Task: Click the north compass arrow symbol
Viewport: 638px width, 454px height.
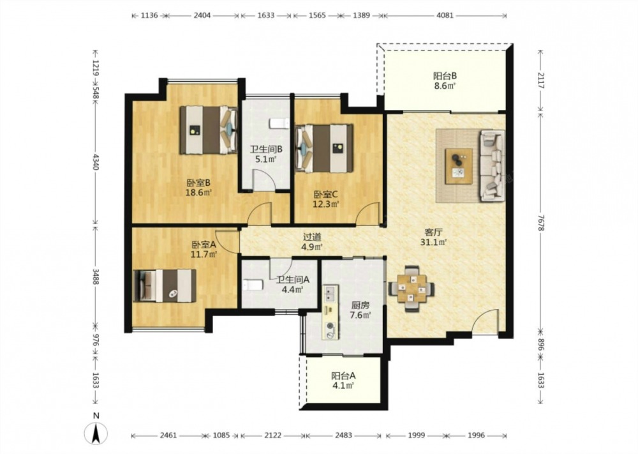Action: coord(96,433)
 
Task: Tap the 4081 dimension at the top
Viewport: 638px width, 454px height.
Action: coord(445,15)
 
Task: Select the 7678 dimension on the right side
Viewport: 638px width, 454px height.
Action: coord(541,223)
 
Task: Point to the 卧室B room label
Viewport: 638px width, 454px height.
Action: coord(198,183)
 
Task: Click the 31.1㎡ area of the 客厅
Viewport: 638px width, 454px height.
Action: coord(434,243)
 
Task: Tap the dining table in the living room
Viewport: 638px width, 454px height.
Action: coord(411,288)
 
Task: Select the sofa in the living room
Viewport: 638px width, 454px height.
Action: coord(493,166)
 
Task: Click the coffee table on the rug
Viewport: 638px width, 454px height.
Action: coord(459,166)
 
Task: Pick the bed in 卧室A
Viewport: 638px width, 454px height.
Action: coord(165,285)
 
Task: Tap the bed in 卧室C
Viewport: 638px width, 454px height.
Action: coord(324,148)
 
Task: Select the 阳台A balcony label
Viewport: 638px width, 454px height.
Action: coord(343,376)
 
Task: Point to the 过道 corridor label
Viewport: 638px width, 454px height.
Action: coord(312,236)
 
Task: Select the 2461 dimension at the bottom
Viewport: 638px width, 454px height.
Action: coord(168,435)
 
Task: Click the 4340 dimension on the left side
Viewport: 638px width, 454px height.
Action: coord(95,162)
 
